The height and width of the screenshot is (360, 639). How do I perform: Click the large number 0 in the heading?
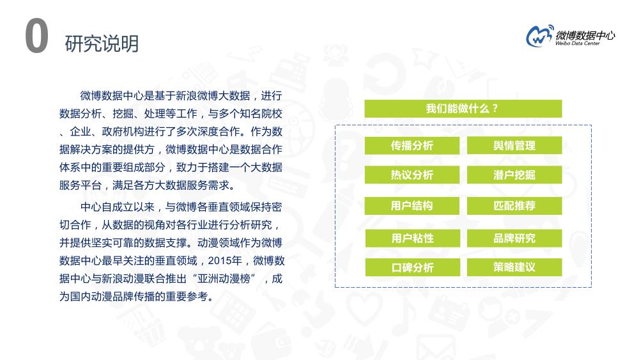[36, 37]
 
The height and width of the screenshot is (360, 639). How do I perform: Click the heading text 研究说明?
[102, 43]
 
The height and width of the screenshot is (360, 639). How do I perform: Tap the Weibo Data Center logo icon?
[539, 36]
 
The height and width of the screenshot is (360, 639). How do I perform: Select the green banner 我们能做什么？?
[463, 109]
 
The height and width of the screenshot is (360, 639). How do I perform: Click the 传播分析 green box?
[412, 146]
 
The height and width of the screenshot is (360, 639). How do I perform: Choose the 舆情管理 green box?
[514, 146]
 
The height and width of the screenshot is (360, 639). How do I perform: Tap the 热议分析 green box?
[412, 175]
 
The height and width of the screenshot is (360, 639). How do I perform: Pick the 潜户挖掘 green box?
[514, 175]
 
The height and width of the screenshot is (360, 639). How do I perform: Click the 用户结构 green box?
[412, 206]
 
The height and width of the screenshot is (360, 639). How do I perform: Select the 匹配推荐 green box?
[514, 206]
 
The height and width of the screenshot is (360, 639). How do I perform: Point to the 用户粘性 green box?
[412, 239]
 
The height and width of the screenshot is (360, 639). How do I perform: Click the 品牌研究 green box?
[514, 239]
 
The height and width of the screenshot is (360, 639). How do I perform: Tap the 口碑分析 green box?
[412, 267]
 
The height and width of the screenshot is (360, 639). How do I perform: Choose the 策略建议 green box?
[514, 267]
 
